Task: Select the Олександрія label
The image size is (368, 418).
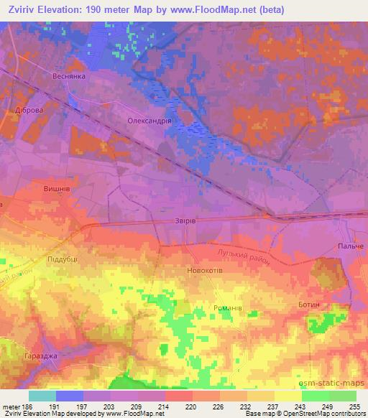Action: coord(149,121)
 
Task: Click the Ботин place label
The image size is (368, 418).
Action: coord(310,305)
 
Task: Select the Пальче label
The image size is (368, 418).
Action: coord(351,246)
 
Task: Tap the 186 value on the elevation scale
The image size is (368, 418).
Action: coord(25,405)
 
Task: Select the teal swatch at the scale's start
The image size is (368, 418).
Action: coord(42,396)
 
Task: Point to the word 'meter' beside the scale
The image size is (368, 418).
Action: coord(9,405)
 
